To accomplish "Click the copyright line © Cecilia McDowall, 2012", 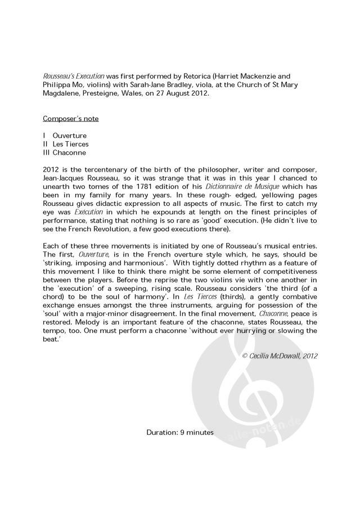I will [x=280, y=356].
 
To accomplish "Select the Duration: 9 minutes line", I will [x=180, y=432].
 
